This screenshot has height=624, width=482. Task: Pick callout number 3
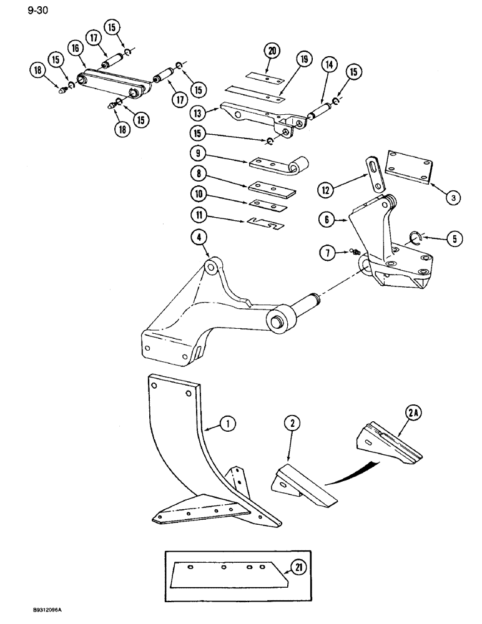[x=453, y=197]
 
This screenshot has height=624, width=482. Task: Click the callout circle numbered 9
[x=197, y=152]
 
